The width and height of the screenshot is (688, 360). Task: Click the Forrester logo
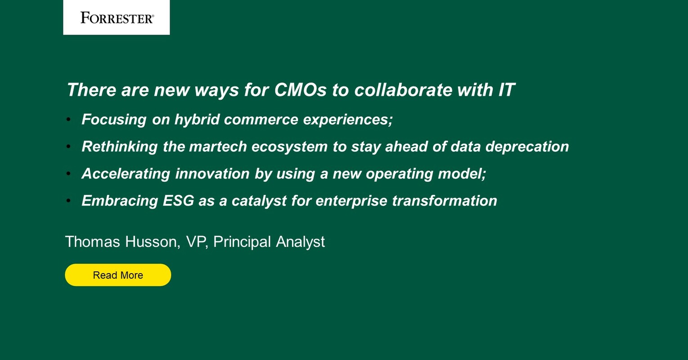[x=117, y=18]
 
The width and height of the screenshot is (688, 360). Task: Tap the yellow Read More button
[x=118, y=275]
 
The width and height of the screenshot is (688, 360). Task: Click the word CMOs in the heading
[x=300, y=90]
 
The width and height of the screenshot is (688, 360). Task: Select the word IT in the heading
[x=506, y=90]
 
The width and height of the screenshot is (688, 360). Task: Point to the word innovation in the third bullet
[x=212, y=174]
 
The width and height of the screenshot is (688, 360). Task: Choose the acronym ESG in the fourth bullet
[x=178, y=201]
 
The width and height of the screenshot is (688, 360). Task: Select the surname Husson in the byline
[x=153, y=242]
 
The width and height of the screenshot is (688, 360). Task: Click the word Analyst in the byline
[x=300, y=242]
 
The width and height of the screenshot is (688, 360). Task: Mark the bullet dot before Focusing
[x=68, y=119]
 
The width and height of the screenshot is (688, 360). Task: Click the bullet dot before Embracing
[x=68, y=200]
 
